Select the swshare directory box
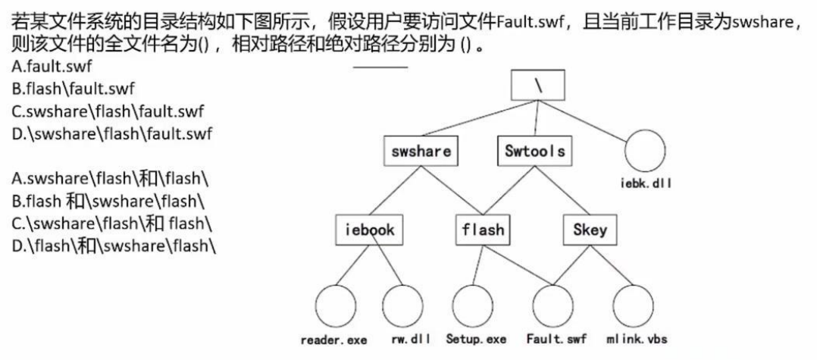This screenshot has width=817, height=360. point(421,151)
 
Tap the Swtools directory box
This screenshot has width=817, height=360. point(534,151)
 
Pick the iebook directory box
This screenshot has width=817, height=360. point(369,230)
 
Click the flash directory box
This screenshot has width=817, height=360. point(483,230)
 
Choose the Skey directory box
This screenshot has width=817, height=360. point(590,230)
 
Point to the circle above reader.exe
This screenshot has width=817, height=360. point(335,305)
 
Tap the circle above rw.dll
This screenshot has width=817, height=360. point(402,305)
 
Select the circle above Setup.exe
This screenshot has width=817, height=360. point(475,305)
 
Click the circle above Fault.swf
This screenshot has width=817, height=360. point(553,305)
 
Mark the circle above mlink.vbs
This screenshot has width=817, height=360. point(633,305)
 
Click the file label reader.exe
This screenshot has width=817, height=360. point(333,340)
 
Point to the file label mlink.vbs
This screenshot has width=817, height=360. point(636,339)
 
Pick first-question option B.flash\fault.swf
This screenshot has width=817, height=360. point(74,89)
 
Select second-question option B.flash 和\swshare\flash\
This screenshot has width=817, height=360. point(108,202)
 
